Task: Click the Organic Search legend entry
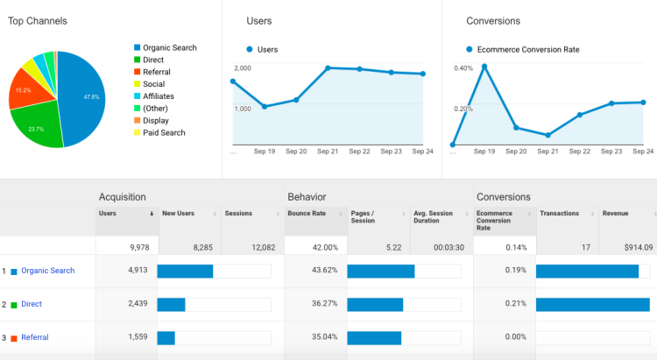tap(169, 47)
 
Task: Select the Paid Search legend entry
tap(164, 133)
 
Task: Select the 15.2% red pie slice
tap(25, 90)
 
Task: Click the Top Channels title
tap(38, 20)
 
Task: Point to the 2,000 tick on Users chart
tap(243, 67)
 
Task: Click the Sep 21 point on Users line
tap(328, 67)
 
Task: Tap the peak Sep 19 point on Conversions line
tap(484, 66)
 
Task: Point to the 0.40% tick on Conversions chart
tap(463, 67)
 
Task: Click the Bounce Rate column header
tap(306, 213)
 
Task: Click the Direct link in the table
tap(32, 304)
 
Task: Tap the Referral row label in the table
tap(35, 337)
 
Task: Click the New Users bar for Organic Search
tap(185, 271)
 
